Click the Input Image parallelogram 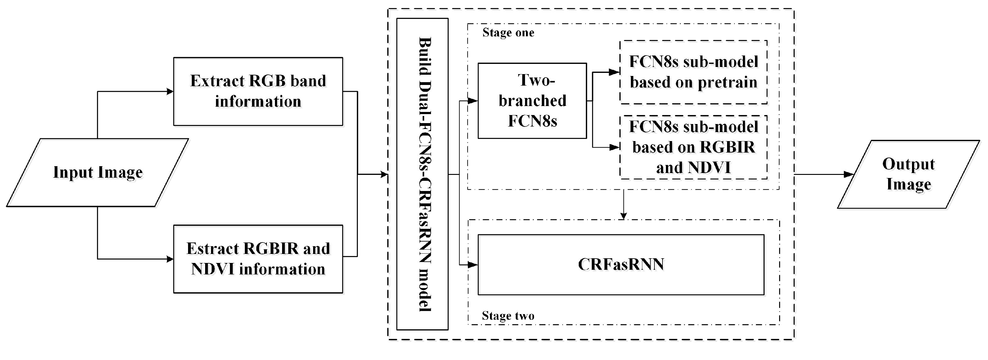coord(97,172)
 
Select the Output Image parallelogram coord(908,175)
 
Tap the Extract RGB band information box coord(258,91)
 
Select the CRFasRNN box coord(621,264)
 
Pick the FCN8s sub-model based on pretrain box coord(694,72)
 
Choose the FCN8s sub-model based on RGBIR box coord(694,147)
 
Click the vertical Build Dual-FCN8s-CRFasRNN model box coord(422,174)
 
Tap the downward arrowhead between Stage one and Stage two coord(624,216)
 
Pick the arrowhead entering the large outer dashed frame coord(384,175)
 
